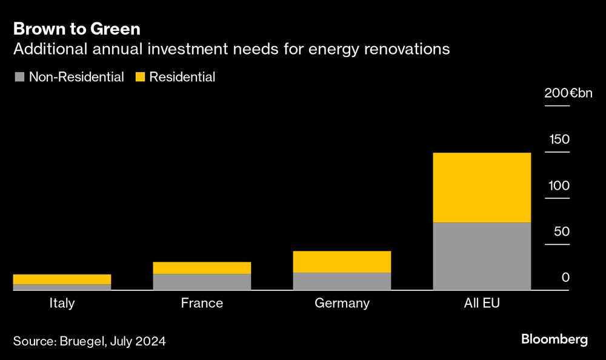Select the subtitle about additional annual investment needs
tap(231, 49)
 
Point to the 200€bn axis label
tap(568, 93)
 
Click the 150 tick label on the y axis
tap(559, 139)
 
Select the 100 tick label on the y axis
tap(559, 185)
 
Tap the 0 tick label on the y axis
tap(565, 278)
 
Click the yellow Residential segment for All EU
tap(482, 187)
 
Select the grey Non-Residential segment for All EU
tap(482, 256)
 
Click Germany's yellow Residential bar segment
tap(342, 261)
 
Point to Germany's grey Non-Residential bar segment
tap(342, 281)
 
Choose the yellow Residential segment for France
tap(202, 267)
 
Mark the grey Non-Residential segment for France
tap(202, 281)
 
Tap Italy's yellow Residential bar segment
tap(62, 279)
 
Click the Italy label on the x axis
tap(62, 303)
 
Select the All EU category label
tap(482, 303)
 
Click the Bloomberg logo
tap(554, 339)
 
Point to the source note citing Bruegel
tap(89, 341)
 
